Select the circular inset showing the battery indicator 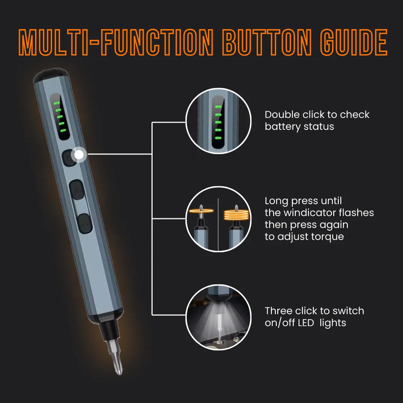(x=218, y=121)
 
